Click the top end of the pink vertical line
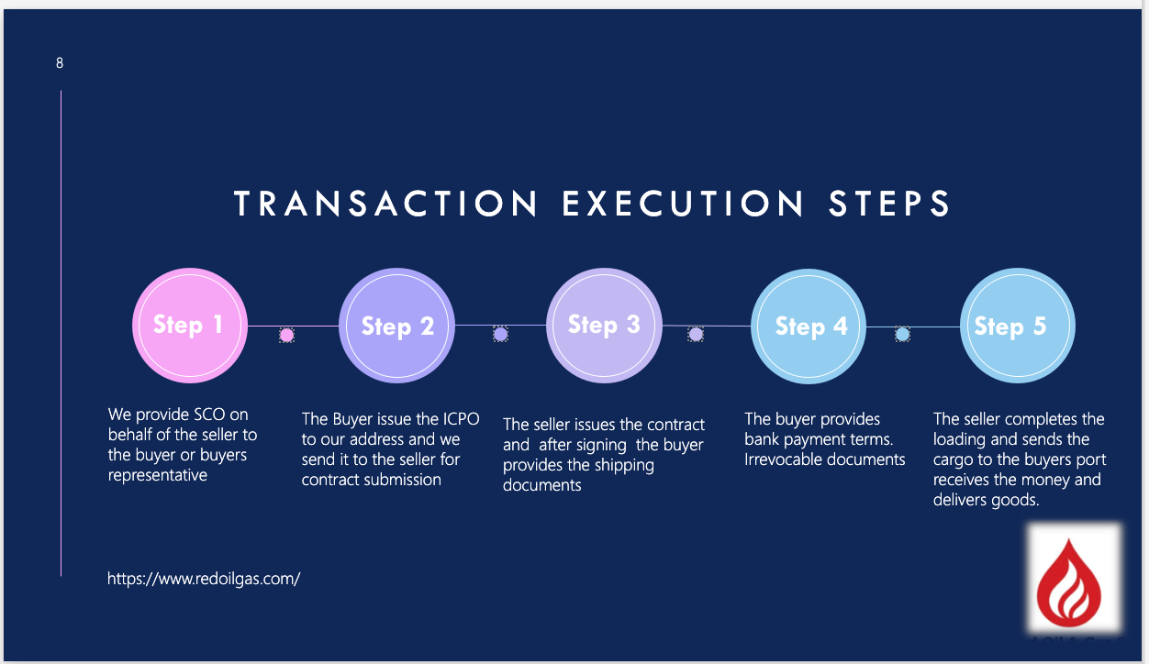tap(61, 91)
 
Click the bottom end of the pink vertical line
tap(61, 576)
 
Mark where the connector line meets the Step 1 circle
tap(248, 326)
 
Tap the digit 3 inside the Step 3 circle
tap(633, 324)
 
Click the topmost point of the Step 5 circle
tap(1018, 268)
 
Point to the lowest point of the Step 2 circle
tap(396, 383)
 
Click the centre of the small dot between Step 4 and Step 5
tap(902, 335)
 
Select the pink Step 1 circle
tap(190, 326)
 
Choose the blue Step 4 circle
tap(809, 326)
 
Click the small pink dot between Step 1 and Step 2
tap(286, 336)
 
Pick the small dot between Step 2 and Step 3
tap(501, 335)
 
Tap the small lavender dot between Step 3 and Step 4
tap(696, 335)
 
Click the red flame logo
tap(1068, 583)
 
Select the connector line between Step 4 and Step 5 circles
tap(913, 326)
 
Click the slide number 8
tap(60, 63)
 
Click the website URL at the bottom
tap(204, 579)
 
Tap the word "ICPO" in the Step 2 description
tap(461, 419)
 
